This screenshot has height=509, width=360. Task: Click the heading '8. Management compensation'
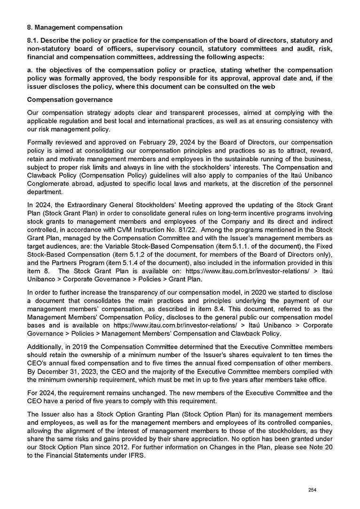pos(75,27)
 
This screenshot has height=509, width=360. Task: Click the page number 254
pos(312,490)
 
